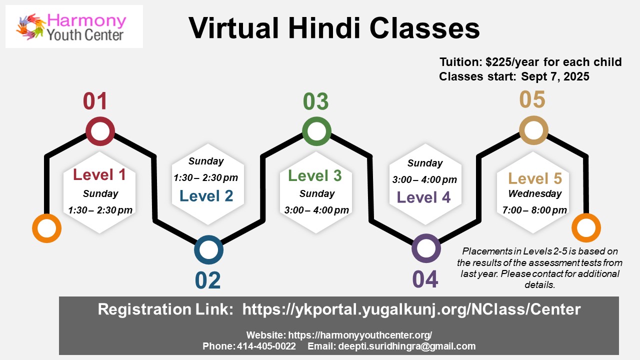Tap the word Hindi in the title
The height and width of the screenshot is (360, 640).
(x=324, y=28)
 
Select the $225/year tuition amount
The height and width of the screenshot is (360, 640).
(x=512, y=62)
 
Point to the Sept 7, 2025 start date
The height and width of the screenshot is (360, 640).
(x=555, y=76)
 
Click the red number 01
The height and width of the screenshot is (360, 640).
(x=95, y=101)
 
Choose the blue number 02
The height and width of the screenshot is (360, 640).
(x=207, y=280)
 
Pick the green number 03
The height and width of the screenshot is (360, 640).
(x=315, y=101)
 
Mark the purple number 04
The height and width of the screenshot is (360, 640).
(x=425, y=279)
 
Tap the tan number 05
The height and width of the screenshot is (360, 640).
(x=532, y=99)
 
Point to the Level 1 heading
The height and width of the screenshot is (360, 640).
(x=99, y=174)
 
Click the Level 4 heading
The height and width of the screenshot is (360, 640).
(x=423, y=197)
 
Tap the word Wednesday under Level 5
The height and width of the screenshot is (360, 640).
(x=535, y=193)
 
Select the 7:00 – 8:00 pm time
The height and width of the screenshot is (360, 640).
(x=534, y=210)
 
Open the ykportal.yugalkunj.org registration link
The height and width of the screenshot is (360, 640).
(x=411, y=309)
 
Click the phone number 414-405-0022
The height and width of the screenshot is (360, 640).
(x=266, y=346)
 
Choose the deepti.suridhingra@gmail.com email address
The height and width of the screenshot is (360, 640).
(x=407, y=346)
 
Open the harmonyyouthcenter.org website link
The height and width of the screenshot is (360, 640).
(x=360, y=335)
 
